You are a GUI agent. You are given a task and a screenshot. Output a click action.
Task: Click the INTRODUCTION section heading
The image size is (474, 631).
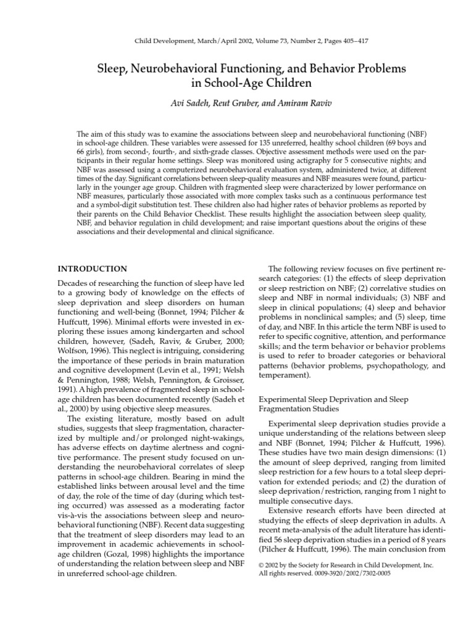click(93, 269)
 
